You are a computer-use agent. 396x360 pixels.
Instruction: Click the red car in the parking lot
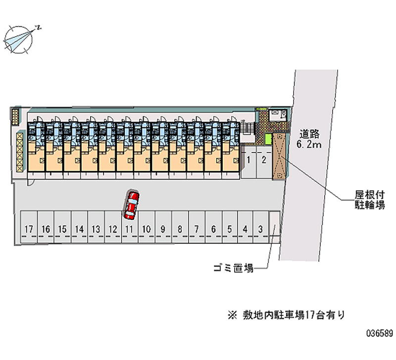(132, 204)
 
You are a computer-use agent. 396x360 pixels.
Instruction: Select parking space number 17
(29, 229)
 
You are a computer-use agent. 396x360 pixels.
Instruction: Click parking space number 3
(260, 229)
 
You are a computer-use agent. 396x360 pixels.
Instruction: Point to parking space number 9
(163, 229)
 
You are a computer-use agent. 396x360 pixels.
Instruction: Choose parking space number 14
(79, 229)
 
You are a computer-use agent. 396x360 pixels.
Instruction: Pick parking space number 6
(213, 229)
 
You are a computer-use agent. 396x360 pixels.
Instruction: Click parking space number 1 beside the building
(248, 159)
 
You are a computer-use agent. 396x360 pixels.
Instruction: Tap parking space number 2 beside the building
(264, 159)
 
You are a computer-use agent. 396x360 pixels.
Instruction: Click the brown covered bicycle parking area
(279, 155)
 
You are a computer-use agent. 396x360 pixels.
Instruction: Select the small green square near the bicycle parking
(269, 139)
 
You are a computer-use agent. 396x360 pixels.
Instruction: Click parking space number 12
(113, 229)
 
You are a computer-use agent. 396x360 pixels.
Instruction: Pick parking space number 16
(46, 229)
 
